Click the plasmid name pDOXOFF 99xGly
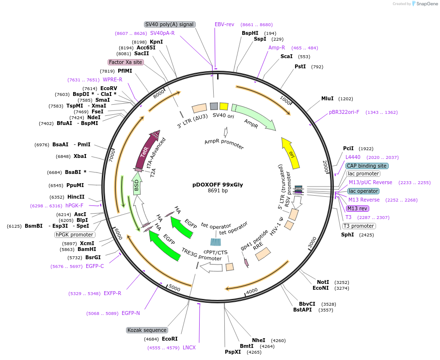coord(218,185)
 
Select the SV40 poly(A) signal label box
coord(170,24)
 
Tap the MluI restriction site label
coord(327,98)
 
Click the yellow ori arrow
coord(291,153)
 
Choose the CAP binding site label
coord(367,166)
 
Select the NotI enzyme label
coord(323,282)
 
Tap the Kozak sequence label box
coord(147,330)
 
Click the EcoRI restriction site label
coord(170,339)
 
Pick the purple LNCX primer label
coord(189,347)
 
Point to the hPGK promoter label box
coord(75,235)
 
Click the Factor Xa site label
coord(126,62)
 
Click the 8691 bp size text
coord(218,191)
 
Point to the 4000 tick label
coord(251,291)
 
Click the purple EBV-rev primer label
coord(224,24)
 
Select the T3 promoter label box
coord(359,226)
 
